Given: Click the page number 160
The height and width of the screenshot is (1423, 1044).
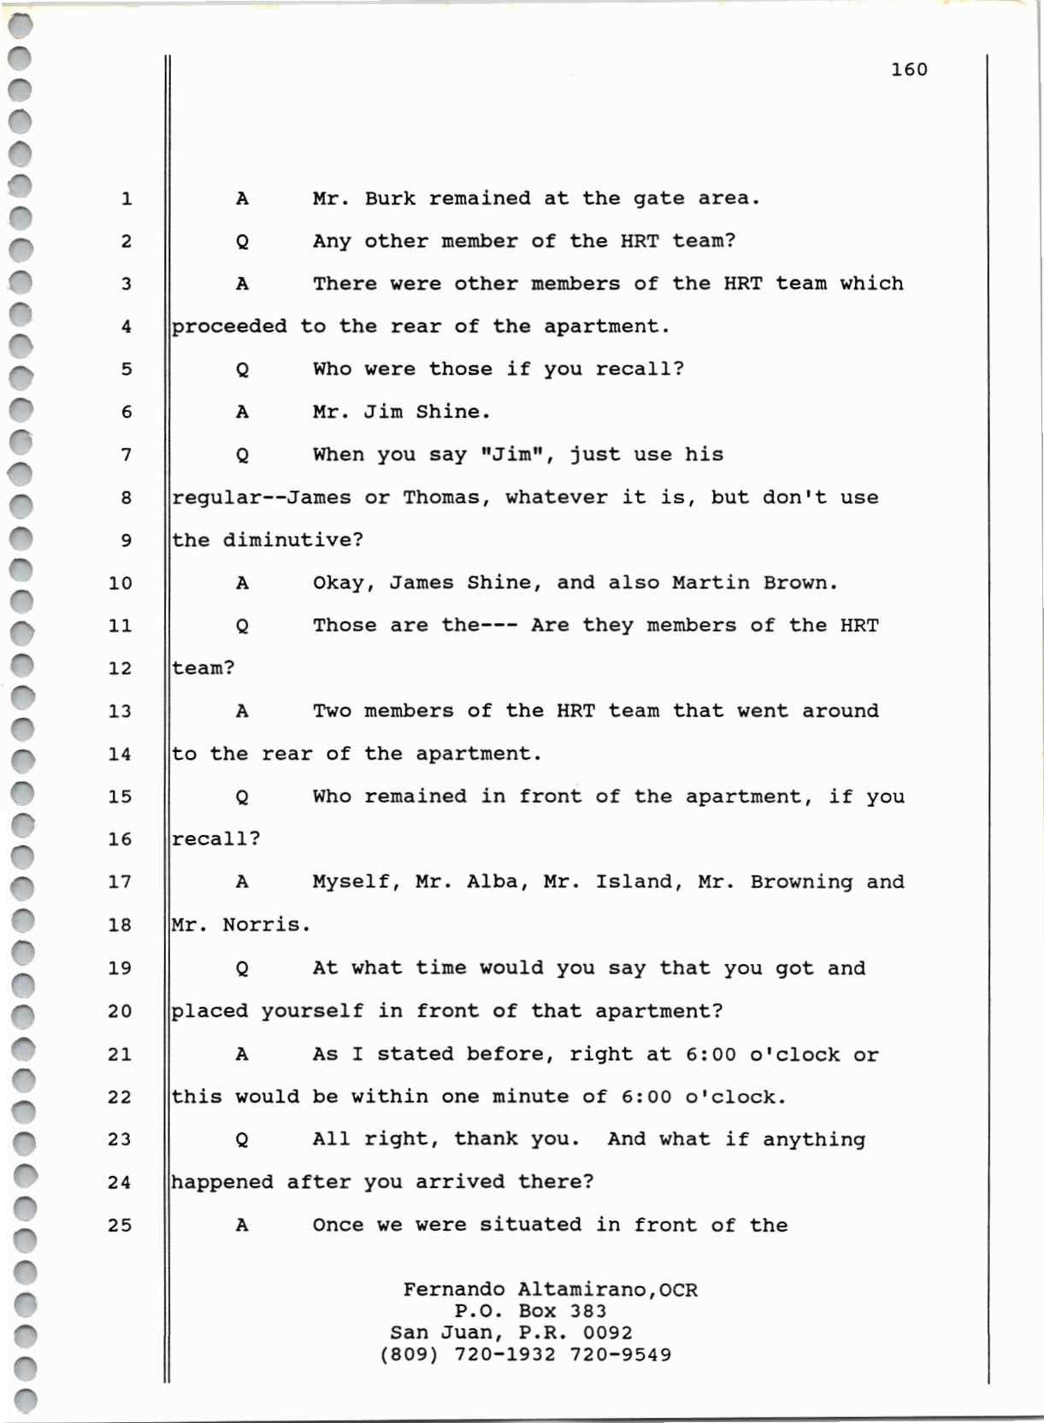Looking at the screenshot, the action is pos(909,69).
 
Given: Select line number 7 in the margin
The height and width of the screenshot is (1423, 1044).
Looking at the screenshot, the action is pos(127,455).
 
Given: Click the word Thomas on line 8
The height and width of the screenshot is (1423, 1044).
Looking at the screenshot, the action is pos(441,497).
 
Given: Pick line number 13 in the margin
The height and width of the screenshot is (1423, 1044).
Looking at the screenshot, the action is pos(121,711).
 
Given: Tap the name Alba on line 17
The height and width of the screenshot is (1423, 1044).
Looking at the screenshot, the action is pos(492,882).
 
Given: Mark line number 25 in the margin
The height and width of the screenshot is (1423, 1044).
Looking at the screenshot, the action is pos(121,1226).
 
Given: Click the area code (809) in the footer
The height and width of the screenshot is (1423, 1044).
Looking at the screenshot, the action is pos(410,1355).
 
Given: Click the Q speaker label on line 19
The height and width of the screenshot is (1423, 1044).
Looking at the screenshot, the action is pos(243,968).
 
